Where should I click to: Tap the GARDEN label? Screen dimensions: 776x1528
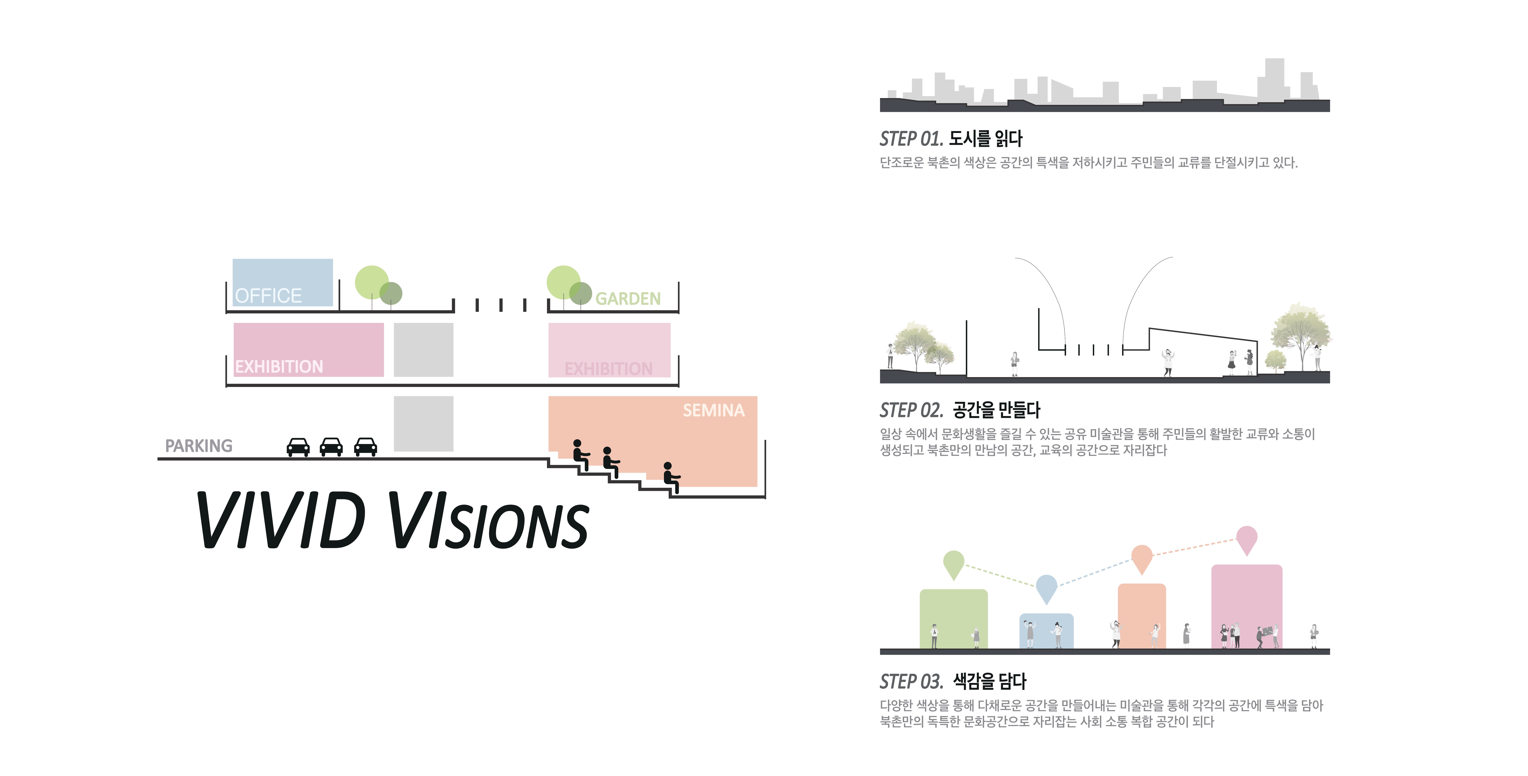pyautogui.click(x=627, y=298)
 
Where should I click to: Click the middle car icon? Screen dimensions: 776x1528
pyautogui.click(x=331, y=447)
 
